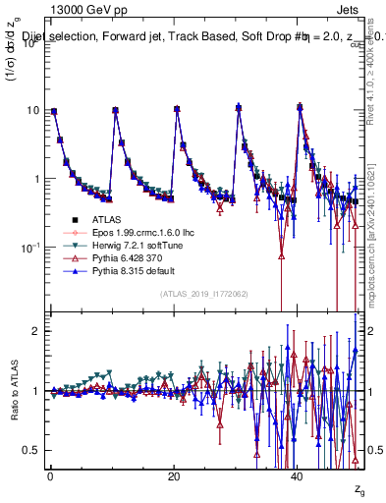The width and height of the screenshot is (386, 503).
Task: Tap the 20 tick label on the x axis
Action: click(x=173, y=476)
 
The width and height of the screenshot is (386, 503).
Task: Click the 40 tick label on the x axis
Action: click(x=297, y=476)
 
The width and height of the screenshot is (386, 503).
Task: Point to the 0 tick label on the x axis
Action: click(x=50, y=476)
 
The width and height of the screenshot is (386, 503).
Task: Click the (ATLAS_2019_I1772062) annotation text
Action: click(x=203, y=294)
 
